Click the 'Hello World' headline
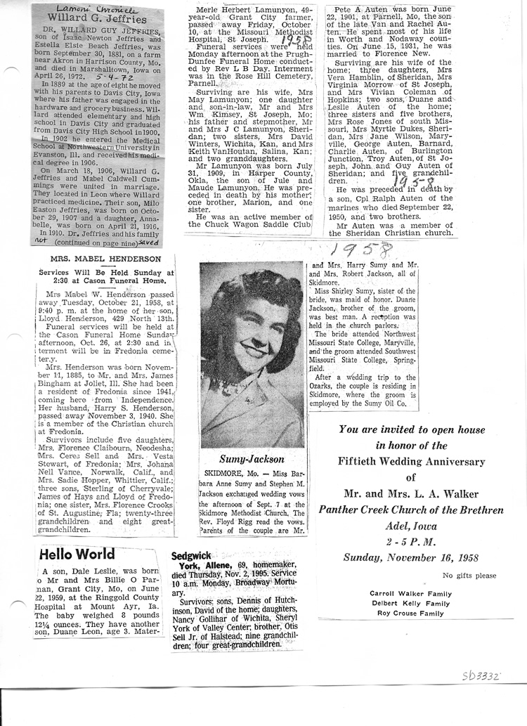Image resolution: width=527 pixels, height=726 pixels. click(77, 555)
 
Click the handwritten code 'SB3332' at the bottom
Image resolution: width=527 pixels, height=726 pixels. click(481, 676)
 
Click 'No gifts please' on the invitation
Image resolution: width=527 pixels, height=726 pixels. click(469, 576)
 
